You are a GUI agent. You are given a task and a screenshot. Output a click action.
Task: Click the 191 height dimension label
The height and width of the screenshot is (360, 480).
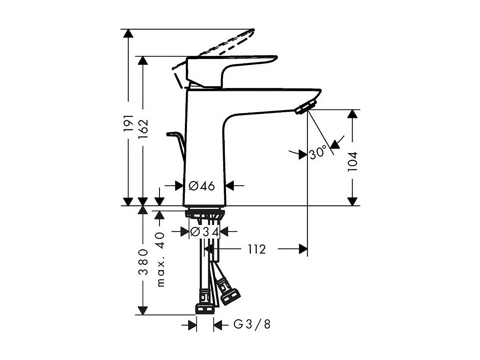point(129,123)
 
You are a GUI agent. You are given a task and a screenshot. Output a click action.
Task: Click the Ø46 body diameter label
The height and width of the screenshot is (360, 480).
point(202,186)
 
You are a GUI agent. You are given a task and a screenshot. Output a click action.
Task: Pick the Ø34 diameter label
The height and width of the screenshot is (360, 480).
point(204,232)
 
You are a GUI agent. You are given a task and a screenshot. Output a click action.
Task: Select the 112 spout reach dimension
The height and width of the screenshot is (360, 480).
point(256,249)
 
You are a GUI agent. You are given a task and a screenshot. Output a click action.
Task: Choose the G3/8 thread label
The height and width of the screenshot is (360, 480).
point(252,325)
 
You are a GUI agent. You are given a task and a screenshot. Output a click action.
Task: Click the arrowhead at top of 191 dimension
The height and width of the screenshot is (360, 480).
point(129,34)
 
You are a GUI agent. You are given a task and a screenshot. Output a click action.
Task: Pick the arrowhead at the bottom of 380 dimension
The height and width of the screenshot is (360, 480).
point(143,310)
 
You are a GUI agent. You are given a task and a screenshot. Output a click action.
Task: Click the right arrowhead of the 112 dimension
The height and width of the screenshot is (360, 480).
point(303,249)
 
